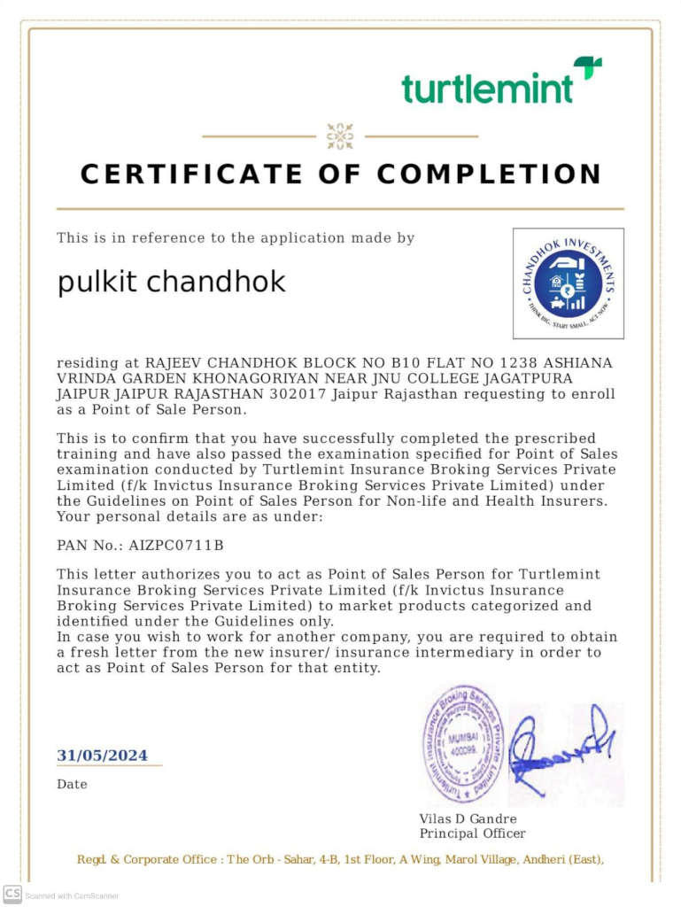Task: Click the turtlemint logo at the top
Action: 501,82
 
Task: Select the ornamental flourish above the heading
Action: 340,136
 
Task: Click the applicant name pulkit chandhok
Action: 172,282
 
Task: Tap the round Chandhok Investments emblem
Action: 568,283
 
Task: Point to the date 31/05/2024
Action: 103,756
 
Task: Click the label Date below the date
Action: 73,784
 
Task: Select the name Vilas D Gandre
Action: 468,818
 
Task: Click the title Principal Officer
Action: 472,833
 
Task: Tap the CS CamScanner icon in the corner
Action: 12,894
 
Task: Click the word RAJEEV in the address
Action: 169,363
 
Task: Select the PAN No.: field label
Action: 89,545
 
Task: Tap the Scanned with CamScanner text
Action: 72,895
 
